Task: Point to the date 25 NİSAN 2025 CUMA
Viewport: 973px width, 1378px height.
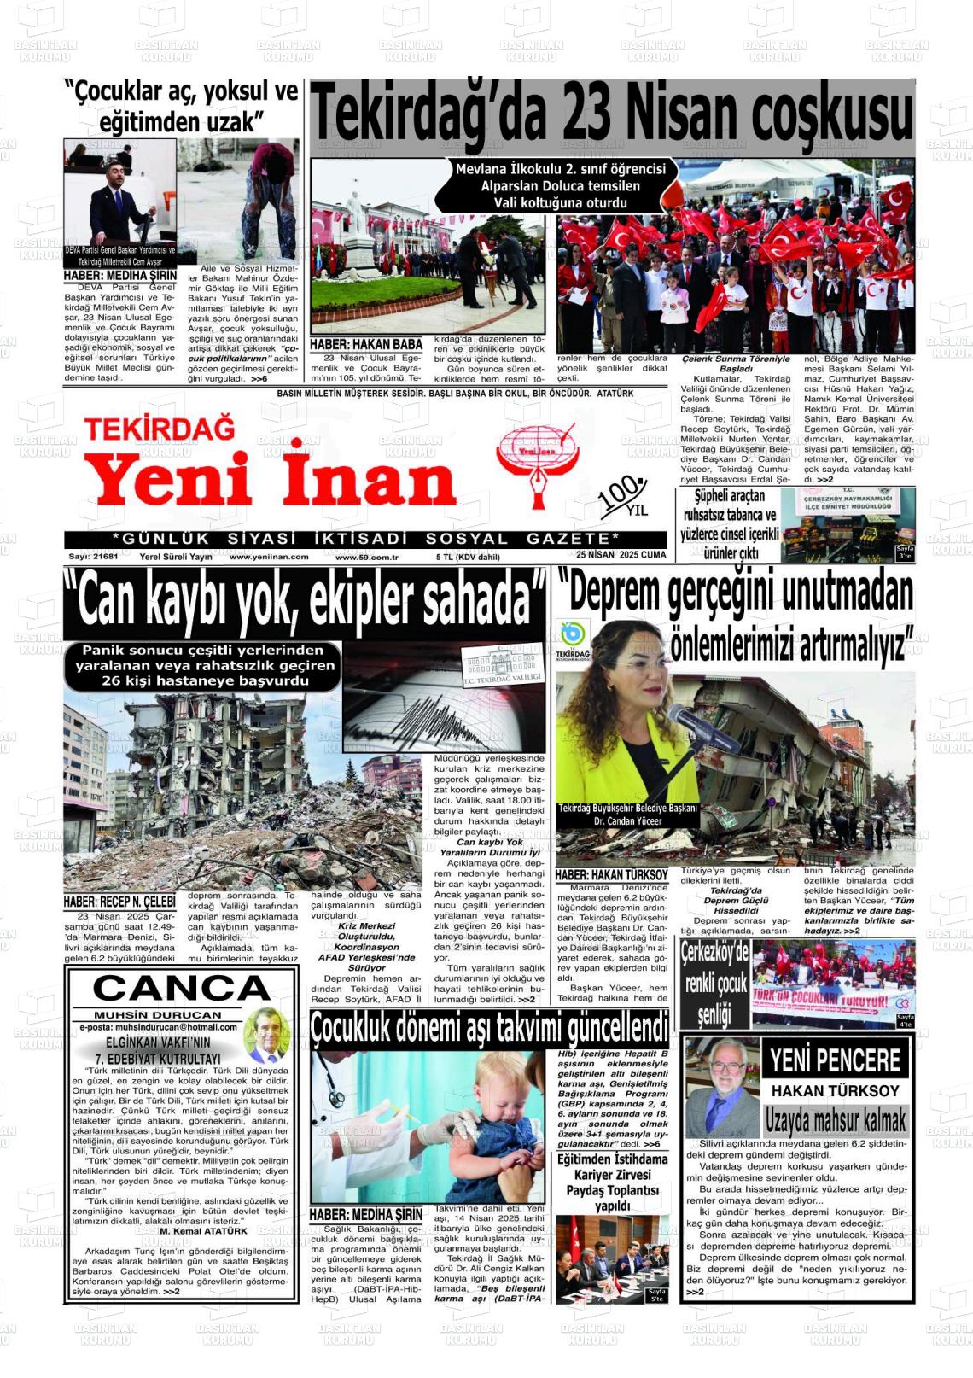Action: (621, 555)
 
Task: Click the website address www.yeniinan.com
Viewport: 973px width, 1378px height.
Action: (269, 557)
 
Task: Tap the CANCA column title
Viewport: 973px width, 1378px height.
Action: (181, 989)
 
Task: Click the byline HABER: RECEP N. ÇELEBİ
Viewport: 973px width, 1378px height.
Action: (119, 902)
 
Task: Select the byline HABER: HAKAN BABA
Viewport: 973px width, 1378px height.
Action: (366, 345)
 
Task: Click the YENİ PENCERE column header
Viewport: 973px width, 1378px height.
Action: (835, 1061)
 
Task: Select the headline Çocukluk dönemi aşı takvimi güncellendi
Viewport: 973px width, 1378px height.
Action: (489, 1025)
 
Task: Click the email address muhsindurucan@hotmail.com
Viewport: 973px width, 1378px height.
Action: (162, 1028)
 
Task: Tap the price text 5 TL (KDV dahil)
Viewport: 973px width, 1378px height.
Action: (468, 557)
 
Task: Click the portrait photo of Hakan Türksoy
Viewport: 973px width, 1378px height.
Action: (722, 1085)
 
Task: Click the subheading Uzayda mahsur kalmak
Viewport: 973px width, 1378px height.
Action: (835, 1119)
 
